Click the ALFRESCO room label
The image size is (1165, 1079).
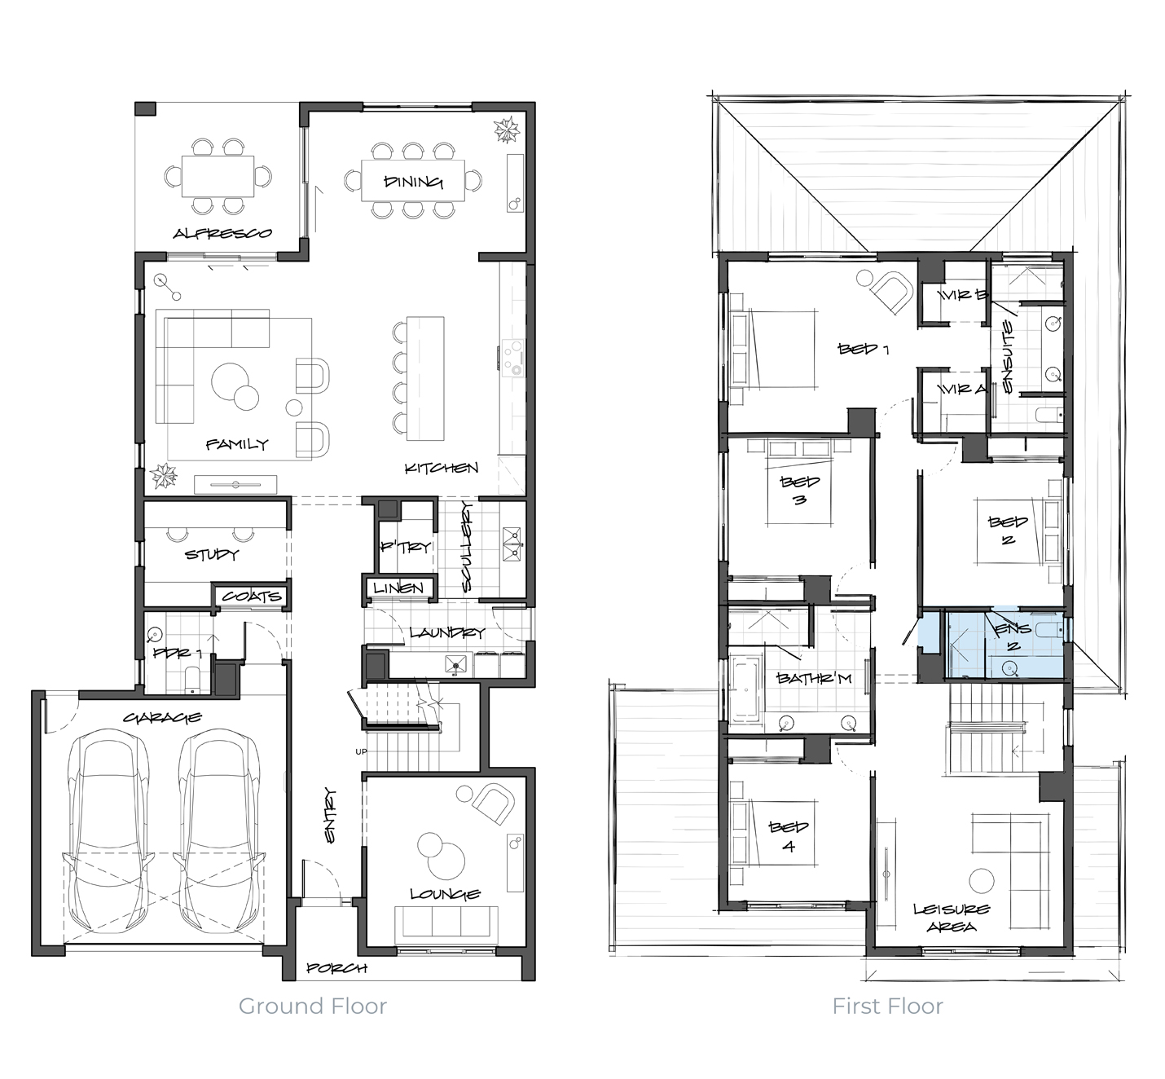coord(222,234)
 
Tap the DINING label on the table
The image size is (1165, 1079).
coord(413,182)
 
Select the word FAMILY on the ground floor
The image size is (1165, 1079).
coord(237,444)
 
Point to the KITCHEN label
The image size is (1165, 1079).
coord(441,468)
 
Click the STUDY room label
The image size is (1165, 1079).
coord(212,554)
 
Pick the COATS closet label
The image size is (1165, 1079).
coord(252,597)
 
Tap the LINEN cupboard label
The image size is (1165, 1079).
coord(398,588)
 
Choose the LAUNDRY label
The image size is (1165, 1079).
coord(447,632)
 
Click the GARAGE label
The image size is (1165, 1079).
coord(162,717)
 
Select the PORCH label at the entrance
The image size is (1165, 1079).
coord(336,968)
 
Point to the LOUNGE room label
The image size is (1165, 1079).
coord(446,894)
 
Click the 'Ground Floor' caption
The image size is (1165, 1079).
coord(313,1006)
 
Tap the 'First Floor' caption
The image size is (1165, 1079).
coord(887,1006)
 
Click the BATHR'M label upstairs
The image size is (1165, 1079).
coord(814,679)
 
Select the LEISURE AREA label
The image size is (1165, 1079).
coord(952,918)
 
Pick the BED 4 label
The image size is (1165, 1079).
coord(789,836)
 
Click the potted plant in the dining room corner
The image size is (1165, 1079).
coord(506,130)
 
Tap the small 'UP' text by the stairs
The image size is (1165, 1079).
coord(361,752)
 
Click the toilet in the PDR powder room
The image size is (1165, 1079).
coord(192,680)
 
